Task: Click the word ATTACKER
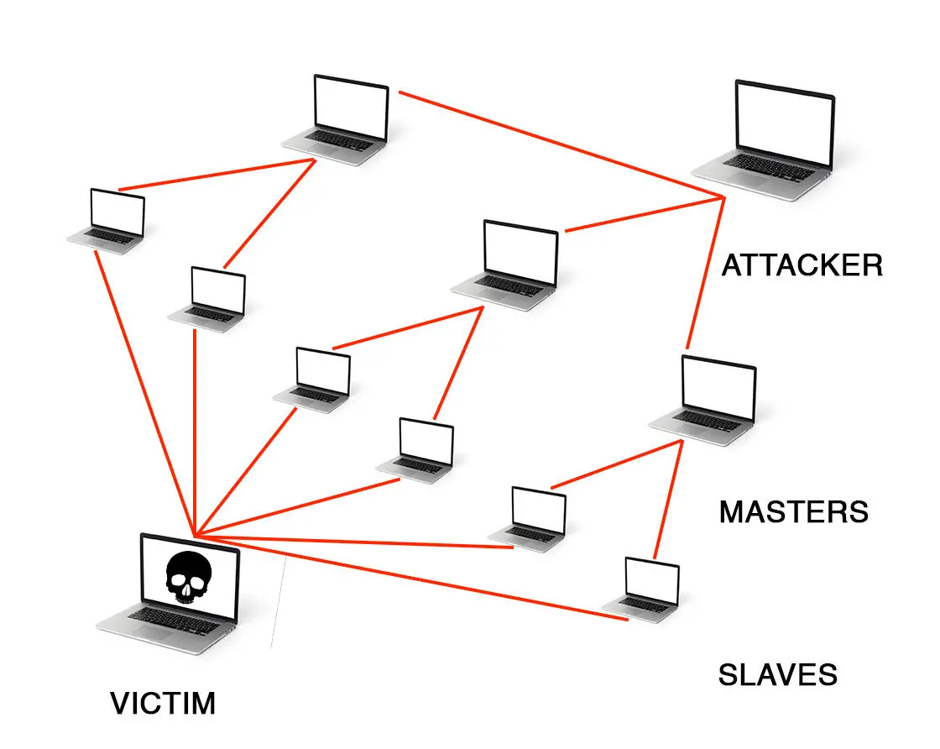coord(802,265)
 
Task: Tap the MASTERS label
coord(793,511)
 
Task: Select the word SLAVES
coord(777,674)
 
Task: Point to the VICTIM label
coord(163,703)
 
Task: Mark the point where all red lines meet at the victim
coord(195,536)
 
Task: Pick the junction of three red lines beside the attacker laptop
coord(723,198)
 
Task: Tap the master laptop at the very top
coord(344,118)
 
